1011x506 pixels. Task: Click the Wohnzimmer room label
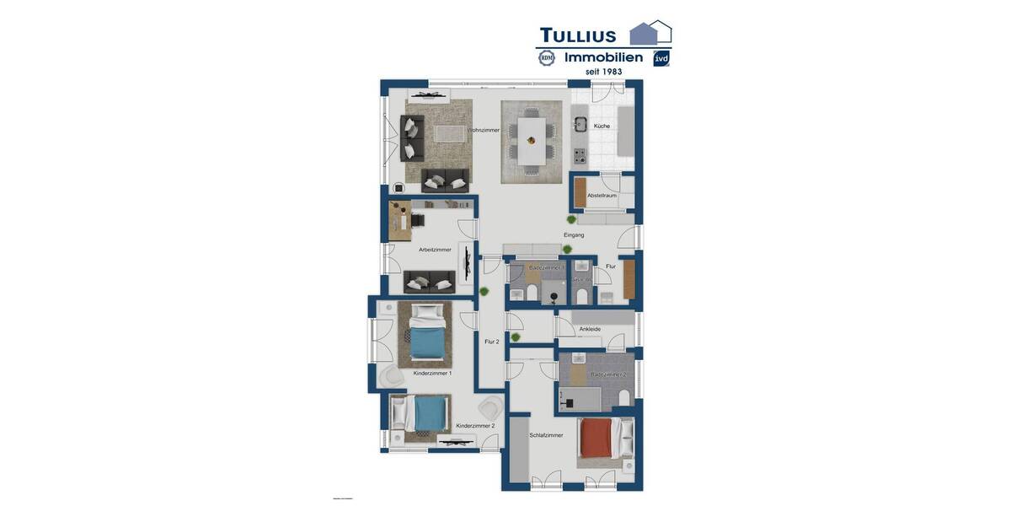484,130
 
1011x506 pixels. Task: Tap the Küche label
602,126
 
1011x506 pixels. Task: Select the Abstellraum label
602,195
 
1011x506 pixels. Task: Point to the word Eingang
574,234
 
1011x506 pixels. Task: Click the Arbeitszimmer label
435,250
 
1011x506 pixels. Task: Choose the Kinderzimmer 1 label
432,373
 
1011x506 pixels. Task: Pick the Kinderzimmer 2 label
475,426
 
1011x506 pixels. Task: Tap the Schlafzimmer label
546,435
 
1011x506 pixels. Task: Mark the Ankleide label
590,329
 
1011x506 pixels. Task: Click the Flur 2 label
491,342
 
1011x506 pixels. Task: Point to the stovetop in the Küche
580,155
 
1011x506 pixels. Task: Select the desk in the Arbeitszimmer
399,221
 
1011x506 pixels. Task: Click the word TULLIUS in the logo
578,35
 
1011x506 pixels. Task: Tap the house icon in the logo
650,33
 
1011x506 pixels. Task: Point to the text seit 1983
604,72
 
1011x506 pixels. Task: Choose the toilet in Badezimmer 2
624,397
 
